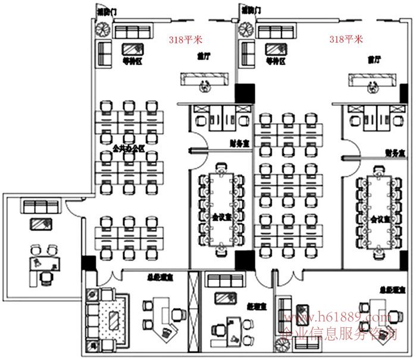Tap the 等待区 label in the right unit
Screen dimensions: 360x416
click(x=276, y=61)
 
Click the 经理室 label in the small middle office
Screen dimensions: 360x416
click(x=256, y=306)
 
